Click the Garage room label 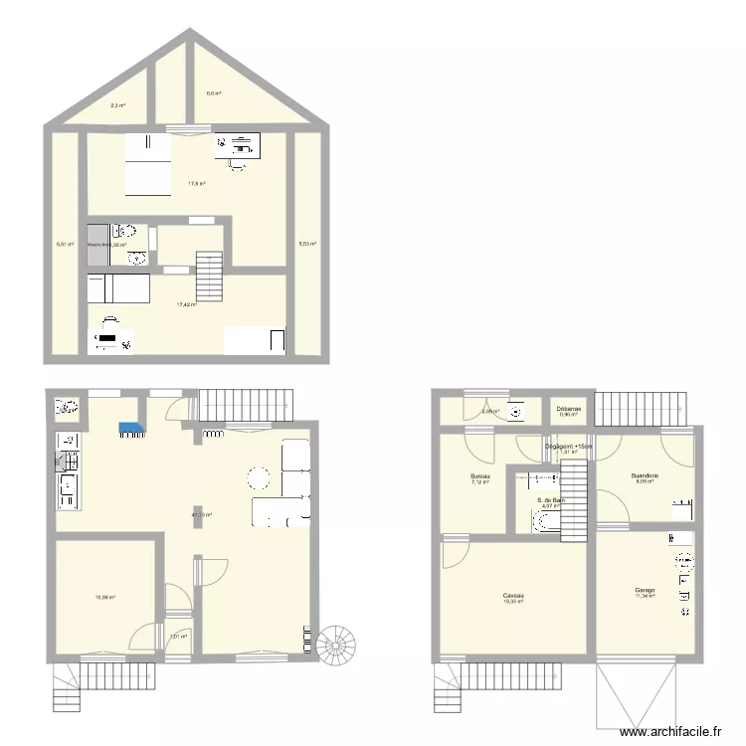click(645, 590)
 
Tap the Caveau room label click(513, 596)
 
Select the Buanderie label click(646, 475)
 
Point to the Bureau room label click(480, 476)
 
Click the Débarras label click(569, 408)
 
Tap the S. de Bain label click(551, 500)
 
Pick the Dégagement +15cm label click(569, 447)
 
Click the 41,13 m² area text click(202, 514)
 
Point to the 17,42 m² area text click(186, 304)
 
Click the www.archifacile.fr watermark click(668, 731)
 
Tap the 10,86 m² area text click(105, 597)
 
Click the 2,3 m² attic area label click(117, 104)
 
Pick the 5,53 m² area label click(307, 243)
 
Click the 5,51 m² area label click(65, 243)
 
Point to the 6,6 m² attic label click(213, 93)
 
